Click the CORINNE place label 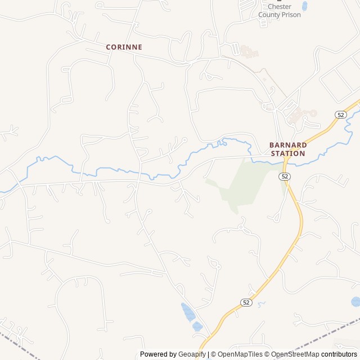pyautogui.click(x=124, y=47)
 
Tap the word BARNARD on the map pyautogui.click(x=287, y=145)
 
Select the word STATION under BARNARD pyautogui.click(x=287, y=153)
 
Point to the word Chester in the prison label pyautogui.click(x=279, y=7)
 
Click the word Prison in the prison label pyautogui.click(x=291, y=15)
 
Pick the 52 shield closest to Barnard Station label pyautogui.click(x=285, y=176)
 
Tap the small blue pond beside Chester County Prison pyautogui.click(x=305, y=6)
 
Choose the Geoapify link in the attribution pyautogui.click(x=192, y=354)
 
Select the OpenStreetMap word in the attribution pyautogui.click(x=295, y=354)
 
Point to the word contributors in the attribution pyautogui.click(x=339, y=354)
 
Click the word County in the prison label pyautogui.click(x=268, y=15)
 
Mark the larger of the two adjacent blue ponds pyautogui.click(x=187, y=311)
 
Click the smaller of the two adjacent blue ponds pyautogui.click(x=197, y=326)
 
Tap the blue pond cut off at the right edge pyautogui.click(x=355, y=302)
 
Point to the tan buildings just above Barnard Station pyautogui.click(x=300, y=115)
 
